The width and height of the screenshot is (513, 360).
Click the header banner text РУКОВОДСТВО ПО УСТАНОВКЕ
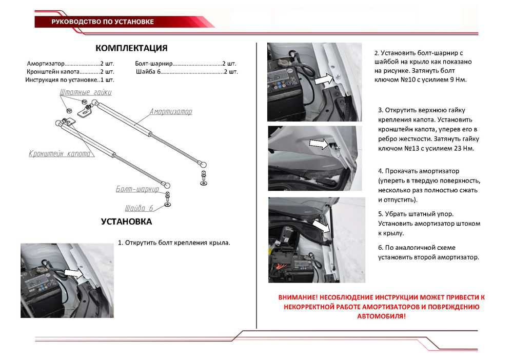tap(102, 22)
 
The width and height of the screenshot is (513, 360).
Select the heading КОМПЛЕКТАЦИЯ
tap(131, 48)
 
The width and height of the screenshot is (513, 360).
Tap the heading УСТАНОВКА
tap(126, 222)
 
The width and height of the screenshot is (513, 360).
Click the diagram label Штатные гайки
tap(85, 92)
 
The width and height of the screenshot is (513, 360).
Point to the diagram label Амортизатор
tap(171, 111)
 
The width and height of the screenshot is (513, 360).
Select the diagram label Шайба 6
tap(139, 208)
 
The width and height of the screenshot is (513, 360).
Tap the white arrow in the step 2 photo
tap(323, 79)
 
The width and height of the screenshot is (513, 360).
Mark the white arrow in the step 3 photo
tap(320, 145)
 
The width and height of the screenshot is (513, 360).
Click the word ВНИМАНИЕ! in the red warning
tap(298, 297)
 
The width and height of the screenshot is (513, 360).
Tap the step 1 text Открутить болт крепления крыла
tap(174, 243)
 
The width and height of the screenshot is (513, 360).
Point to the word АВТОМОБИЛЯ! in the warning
tap(381, 316)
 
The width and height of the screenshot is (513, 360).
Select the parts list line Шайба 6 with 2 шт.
tap(187, 72)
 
